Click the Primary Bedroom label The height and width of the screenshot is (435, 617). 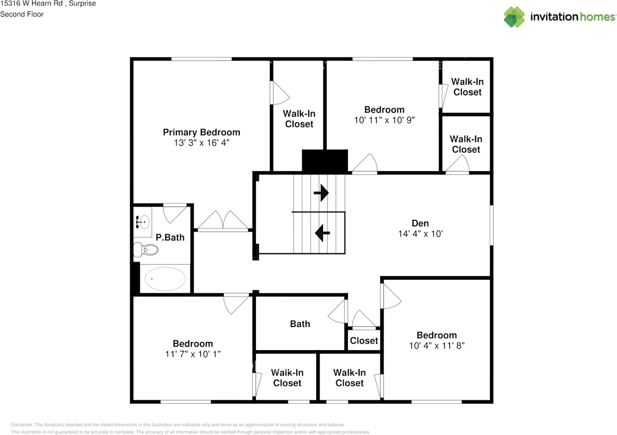[x=201, y=132]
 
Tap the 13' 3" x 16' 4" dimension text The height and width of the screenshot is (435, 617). [x=201, y=143]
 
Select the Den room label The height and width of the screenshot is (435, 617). [x=420, y=223]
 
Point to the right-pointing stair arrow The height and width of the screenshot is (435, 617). [x=321, y=193]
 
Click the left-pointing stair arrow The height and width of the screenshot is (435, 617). [x=322, y=233]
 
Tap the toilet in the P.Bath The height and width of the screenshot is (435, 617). [x=147, y=250]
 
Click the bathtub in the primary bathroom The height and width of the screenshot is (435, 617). [x=165, y=279]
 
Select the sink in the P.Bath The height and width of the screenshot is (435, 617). [x=143, y=222]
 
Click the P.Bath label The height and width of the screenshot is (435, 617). [x=170, y=237]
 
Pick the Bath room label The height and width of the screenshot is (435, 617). [x=300, y=324]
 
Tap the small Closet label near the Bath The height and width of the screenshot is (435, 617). [x=364, y=340]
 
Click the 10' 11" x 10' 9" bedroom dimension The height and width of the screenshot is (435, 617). [x=384, y=120]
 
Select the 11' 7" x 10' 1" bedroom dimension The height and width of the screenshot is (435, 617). [x=193, y=354]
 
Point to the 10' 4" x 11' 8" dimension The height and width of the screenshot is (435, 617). [x=437, y=346]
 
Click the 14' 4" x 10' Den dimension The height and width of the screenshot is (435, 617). [x=420, y=233]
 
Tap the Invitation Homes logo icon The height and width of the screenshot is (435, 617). [x=514, y=17]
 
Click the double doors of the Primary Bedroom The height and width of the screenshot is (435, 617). [x=223, y=222]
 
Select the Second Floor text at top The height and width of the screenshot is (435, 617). [x=22, y=14]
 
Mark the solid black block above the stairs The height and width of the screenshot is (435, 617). [x=324, y=161]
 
